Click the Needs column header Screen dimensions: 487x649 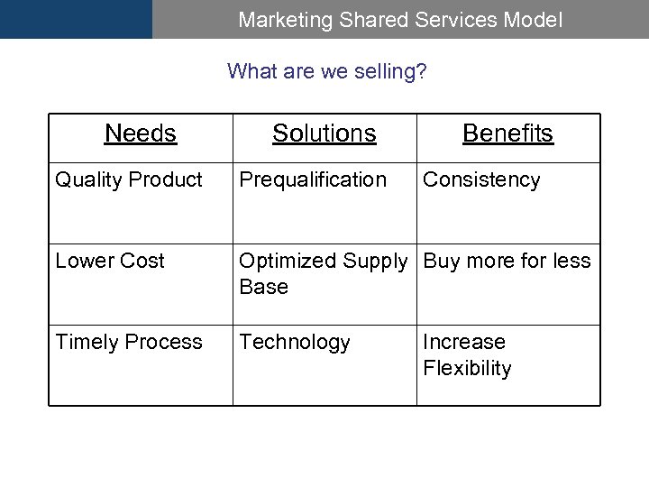pos(141,133)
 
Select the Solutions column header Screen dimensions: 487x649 pos(324,133)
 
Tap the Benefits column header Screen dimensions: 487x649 pos(507,133)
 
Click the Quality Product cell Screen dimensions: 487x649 pos(129,180)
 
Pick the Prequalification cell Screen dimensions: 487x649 pos(312,180)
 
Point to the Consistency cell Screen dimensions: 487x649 pos(481,180)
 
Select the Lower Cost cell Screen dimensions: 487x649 pos(110,262)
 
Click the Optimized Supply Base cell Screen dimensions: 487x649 pos(323,273)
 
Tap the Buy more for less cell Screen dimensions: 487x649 pos(507,262)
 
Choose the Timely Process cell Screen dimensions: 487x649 pos(129,343)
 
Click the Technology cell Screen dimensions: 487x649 pos(295,343)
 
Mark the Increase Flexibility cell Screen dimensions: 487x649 pos(467,355)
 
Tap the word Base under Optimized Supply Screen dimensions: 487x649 pos(263,287)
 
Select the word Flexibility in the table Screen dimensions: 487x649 pos(467,368)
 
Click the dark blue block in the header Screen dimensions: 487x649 pos(76,19)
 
